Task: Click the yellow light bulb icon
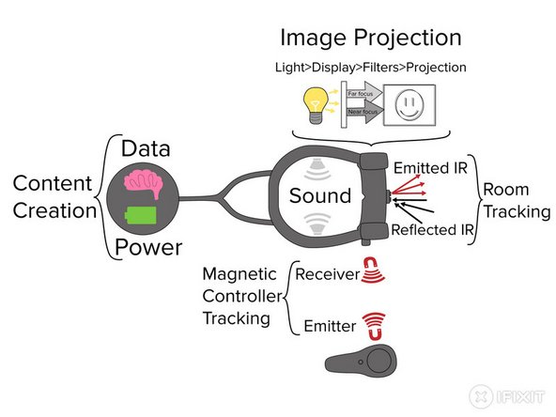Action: click(x=316, y=105)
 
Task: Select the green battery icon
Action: click(x=141, y=215)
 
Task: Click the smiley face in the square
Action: click(x=409, y=105)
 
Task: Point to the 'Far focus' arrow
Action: click(x=364, y=93)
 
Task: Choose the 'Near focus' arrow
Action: click(x=364, y=112)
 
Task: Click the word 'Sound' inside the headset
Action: click(x=320, y=195)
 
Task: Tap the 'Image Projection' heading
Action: click(x=371, y=38)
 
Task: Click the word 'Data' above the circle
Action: click(x=146, y=148)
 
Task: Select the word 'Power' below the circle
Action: click(x=148, y=247)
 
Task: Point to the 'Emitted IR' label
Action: click(x=430, y=168)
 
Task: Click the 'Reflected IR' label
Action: click(x=432, y=230)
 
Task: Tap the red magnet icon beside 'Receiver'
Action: click(x=373, y=270)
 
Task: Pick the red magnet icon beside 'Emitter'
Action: click(x=374, y=326)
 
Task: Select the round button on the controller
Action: click(x=379, y=361)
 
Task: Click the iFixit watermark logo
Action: click(x=507, y=396)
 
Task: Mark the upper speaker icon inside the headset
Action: click(x=317, y=169)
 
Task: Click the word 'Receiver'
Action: click(x=328, y=274)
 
